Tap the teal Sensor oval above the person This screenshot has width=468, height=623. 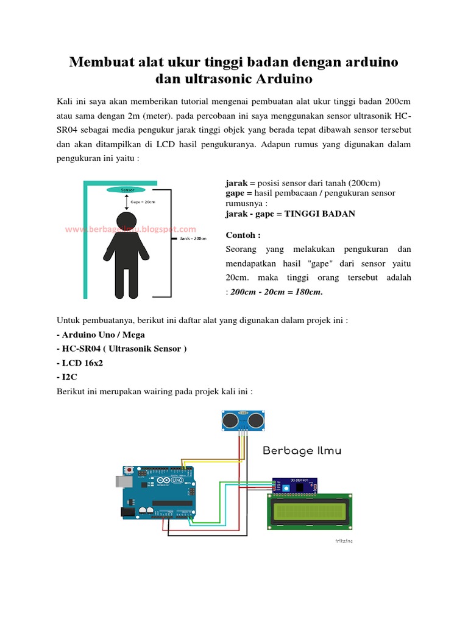click(x=127, y=190)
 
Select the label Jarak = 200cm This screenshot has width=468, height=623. click(x=193, y=238)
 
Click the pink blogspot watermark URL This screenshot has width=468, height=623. click(x=130, y=229)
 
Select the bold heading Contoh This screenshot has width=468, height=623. click(x=243, y=235)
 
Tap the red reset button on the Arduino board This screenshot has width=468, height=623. click(x=130, y=470)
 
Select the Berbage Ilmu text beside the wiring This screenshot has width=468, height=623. click(x=302, y=451)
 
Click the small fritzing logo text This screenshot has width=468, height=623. click(x=344, y=540)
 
